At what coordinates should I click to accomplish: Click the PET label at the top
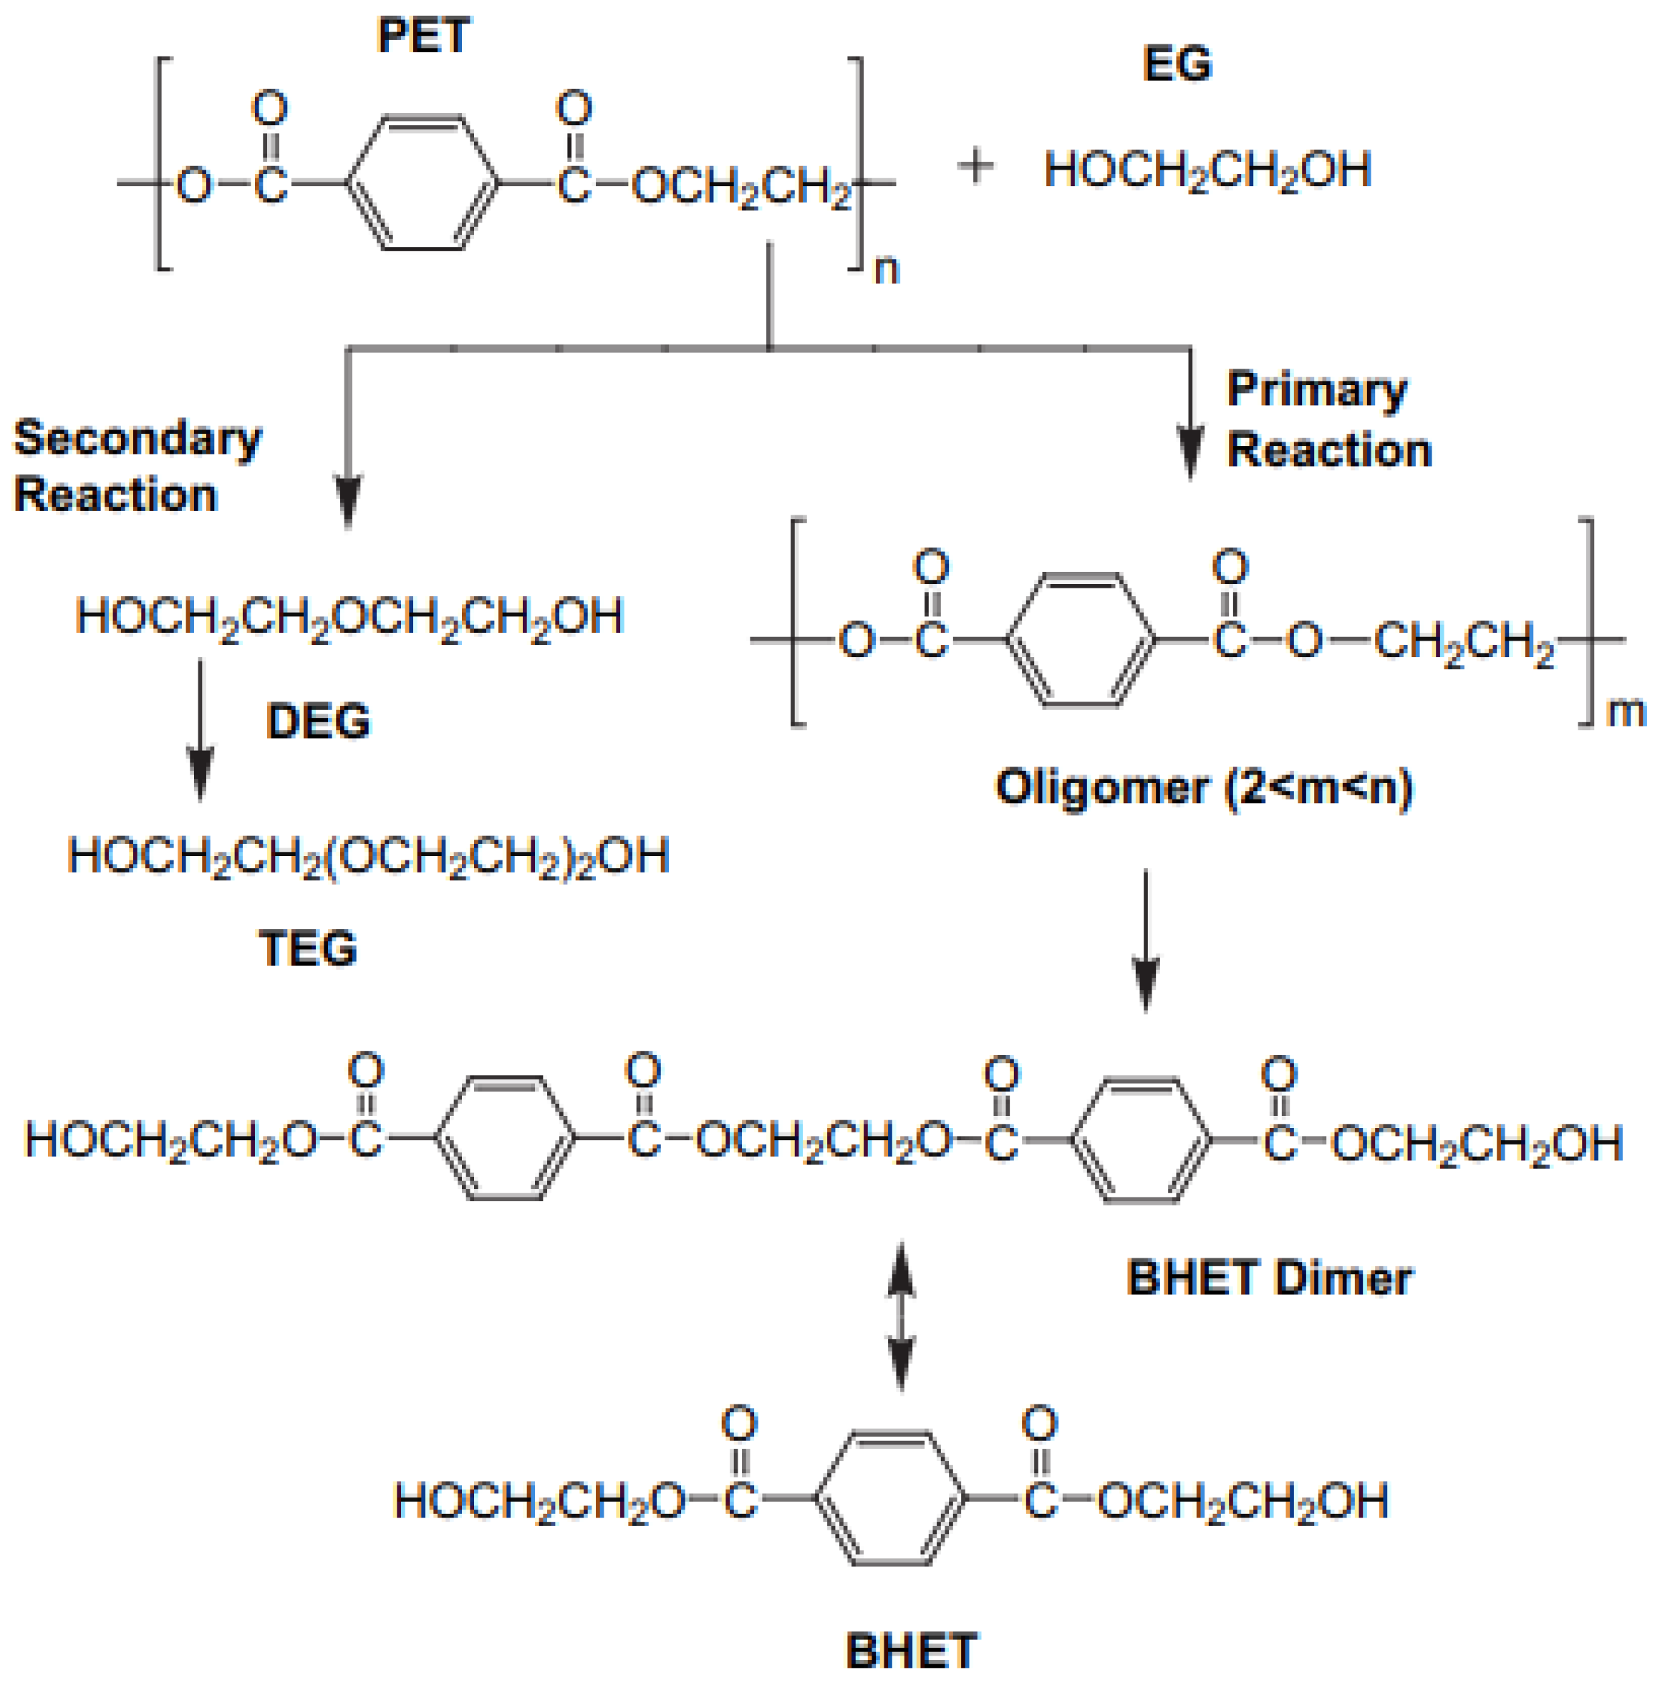point(424,36)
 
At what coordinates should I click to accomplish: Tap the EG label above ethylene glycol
point(1177,64)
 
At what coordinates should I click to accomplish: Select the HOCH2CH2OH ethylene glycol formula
point(1207,170)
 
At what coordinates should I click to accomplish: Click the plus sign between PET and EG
point(976,166)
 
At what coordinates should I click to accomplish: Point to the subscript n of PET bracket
point(887,269)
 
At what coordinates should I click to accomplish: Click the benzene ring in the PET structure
point(423,183)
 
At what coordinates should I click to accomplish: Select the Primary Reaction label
point(1328,419)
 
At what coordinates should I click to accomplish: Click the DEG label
point(318,722)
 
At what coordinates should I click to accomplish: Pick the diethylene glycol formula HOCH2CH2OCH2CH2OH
point(349,617)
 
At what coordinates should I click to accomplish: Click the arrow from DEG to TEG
point(201,730)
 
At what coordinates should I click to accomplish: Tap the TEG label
point(308,948)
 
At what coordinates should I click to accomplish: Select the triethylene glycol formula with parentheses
point(368,856)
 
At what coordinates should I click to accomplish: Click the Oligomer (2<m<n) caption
point(1204,787)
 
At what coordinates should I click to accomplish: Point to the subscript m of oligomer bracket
point(1626,712)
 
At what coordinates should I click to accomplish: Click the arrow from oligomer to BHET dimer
point(1146,940)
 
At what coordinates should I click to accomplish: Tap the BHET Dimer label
point(1269,1278)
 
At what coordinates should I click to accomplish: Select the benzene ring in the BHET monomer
point(890,1499)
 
